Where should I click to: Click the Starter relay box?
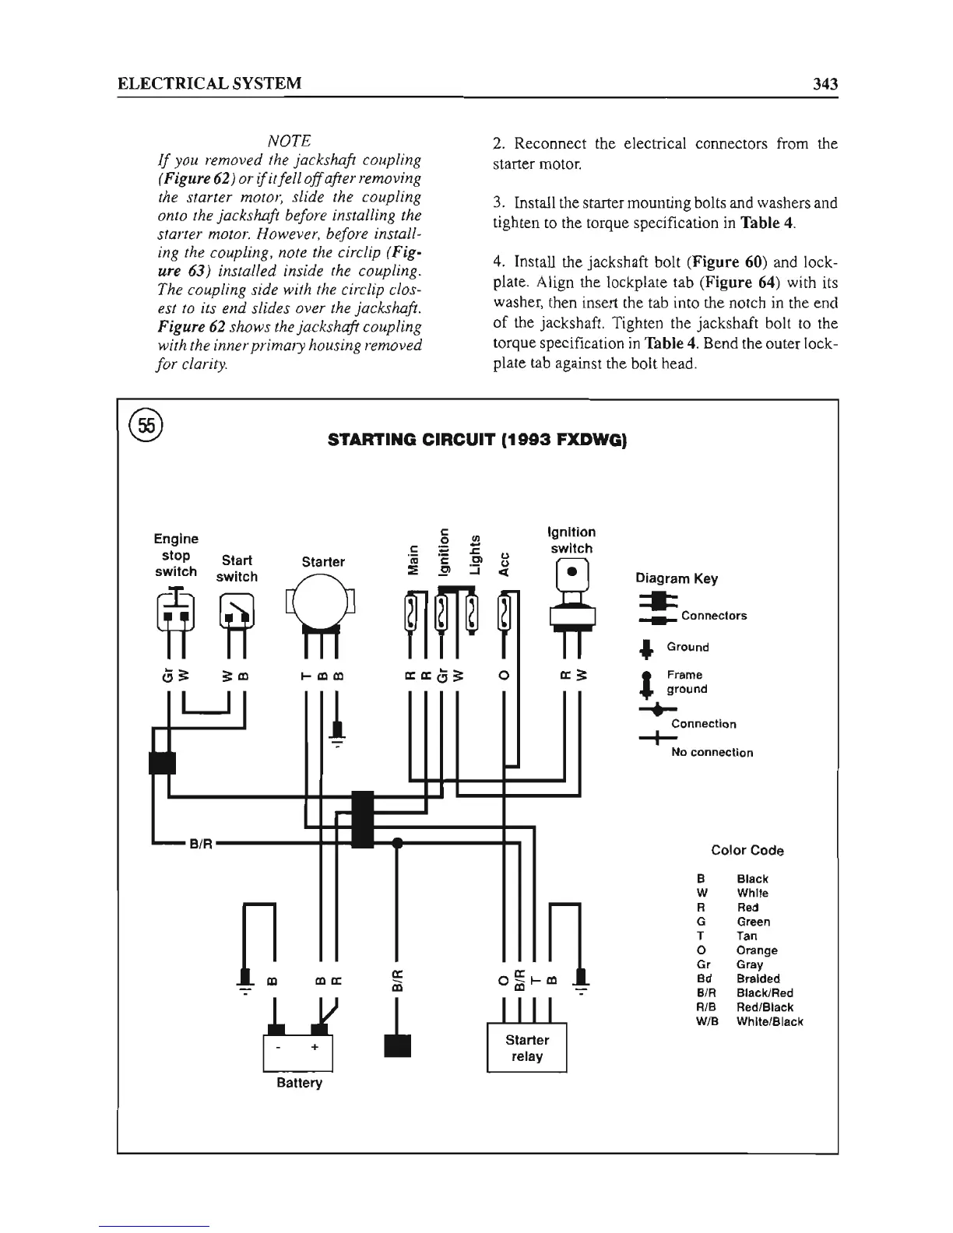[x=526, y=1048]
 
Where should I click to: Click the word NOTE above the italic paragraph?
[x=289, y=141]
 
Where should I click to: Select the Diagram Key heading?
[x=677, y=578]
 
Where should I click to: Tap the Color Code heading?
[x=747, y=850]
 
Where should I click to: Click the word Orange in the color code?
[x=757, y=950]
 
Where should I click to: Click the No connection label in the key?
[x=712, y=753]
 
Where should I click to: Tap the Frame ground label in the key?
[x=687, y=682]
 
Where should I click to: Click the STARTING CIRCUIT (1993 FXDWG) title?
[x=478, y=441]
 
